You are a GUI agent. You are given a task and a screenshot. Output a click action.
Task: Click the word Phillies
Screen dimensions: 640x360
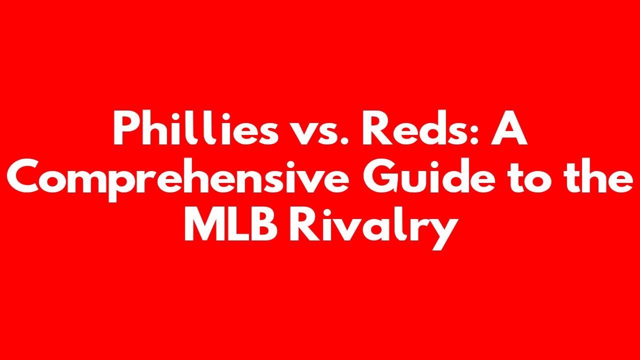pyautogui.click(x=195, y=127)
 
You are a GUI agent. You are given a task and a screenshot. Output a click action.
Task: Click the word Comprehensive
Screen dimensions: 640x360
pyautogui.click(x=177, y=179)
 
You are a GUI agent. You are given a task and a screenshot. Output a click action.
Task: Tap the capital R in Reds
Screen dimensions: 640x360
pyautogui.click(x=377, y=127)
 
